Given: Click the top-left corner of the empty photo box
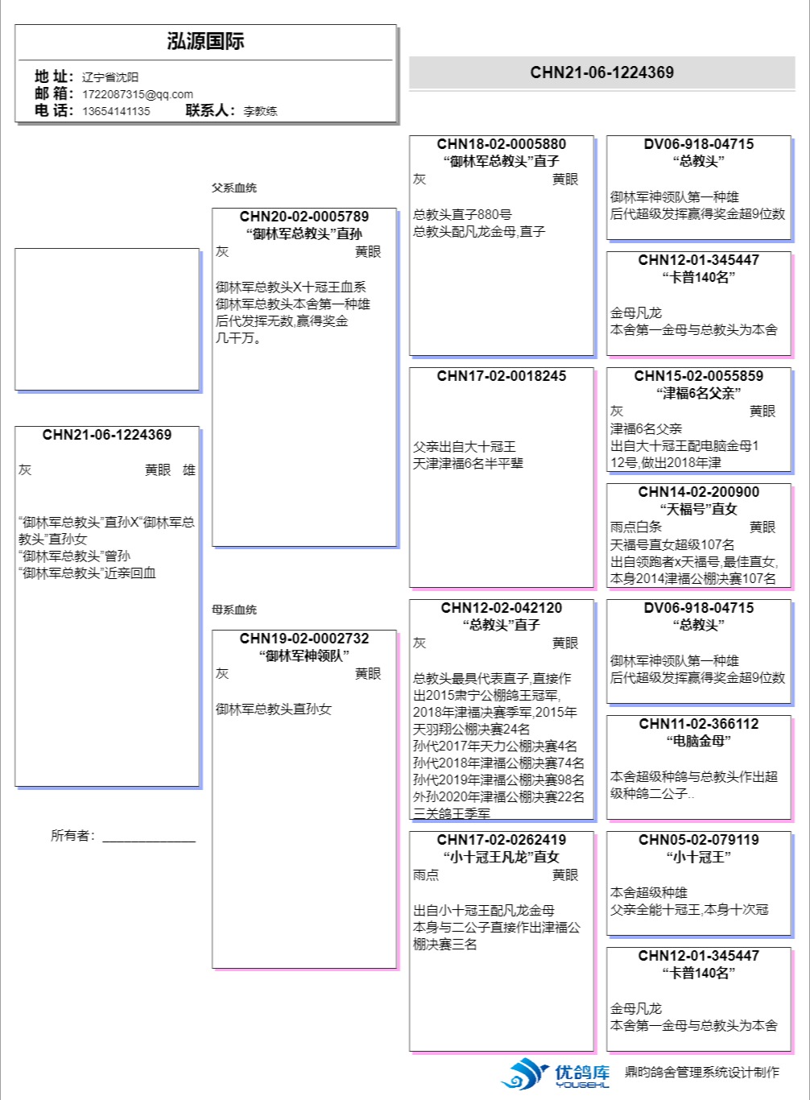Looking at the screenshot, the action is [x=15, y=249].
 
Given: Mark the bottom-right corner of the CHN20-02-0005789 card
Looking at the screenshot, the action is [x=396, y=546].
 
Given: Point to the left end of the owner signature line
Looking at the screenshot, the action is [x=102, y=842].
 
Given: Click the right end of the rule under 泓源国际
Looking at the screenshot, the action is [x=392, y=60].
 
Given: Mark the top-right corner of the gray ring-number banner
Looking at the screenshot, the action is [x=795, y=56].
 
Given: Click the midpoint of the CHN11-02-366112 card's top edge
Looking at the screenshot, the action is [x=699, y=716].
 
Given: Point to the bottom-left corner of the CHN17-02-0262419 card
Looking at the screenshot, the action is [x=409, y=1051].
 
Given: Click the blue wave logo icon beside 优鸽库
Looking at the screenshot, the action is [x=525, y=1073].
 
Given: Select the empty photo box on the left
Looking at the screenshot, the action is [x=107, y=319].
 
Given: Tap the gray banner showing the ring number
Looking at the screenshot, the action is [x=601, y=72].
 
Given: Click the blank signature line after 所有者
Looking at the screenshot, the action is [x=149, y=842].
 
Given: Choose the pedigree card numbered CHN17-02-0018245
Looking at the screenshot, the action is [x=502, y=478].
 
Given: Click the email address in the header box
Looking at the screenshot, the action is [x=138, y=94].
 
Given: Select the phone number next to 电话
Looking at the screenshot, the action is [x=116, y=111].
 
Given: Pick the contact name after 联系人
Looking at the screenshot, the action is [x=260, y=111].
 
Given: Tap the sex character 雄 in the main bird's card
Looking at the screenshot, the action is [x=189, y=470].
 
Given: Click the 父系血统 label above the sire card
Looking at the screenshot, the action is [x=234, y=188].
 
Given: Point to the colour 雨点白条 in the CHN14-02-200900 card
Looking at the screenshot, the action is [x=636, y=527].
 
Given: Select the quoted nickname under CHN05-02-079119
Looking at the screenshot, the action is [x=699, y=857].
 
